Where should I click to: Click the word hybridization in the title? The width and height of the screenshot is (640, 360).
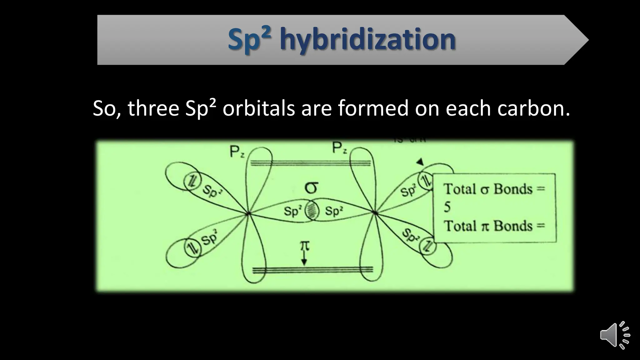click(367, 40)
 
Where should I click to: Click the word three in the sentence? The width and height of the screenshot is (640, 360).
click(153, 108)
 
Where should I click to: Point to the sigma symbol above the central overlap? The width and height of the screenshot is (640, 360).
click(311, 188)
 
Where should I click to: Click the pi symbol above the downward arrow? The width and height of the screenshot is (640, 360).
click(305, 246)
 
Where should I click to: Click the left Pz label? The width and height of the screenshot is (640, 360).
click(237, 152)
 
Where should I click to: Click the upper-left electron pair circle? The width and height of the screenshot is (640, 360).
click(191, 181)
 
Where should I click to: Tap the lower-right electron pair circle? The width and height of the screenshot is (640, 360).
click(427, 247)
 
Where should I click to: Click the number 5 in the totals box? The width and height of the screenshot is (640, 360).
click(447, 207)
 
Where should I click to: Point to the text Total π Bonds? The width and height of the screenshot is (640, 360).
click(494, 226)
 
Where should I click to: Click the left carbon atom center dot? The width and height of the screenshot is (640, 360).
click(248, 214)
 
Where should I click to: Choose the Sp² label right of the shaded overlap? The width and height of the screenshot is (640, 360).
click(334, 211)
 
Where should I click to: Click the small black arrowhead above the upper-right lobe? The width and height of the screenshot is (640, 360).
click(420, 162)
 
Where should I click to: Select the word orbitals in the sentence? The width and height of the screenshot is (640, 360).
click(258, 108)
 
